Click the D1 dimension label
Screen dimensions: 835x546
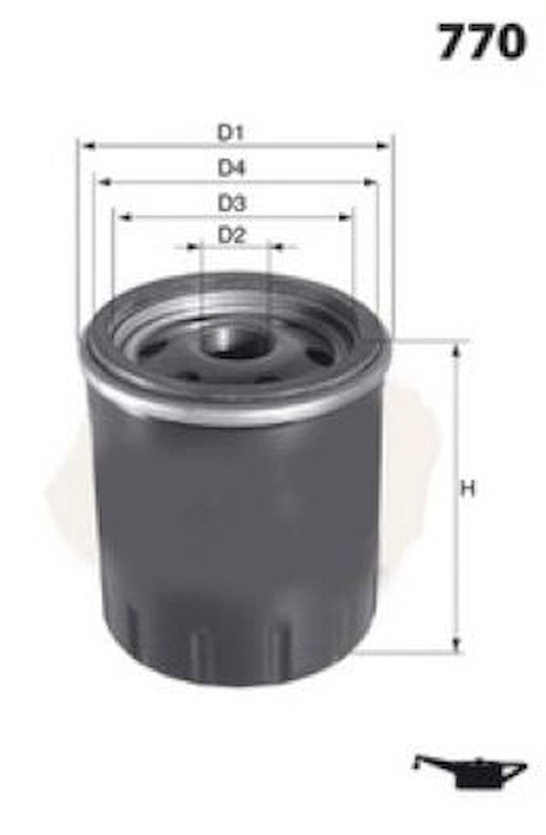point(231,134)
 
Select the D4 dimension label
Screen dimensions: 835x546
point(231,169)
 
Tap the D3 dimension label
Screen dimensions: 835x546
point(231,204)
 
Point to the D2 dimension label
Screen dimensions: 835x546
point(231,236)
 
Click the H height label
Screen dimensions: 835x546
point(469,489)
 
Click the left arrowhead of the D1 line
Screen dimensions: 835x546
point(87,147)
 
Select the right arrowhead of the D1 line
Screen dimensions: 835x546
point(382,147)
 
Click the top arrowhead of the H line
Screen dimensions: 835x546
point(456,350)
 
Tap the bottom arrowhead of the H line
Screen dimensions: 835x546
point(456,643)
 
